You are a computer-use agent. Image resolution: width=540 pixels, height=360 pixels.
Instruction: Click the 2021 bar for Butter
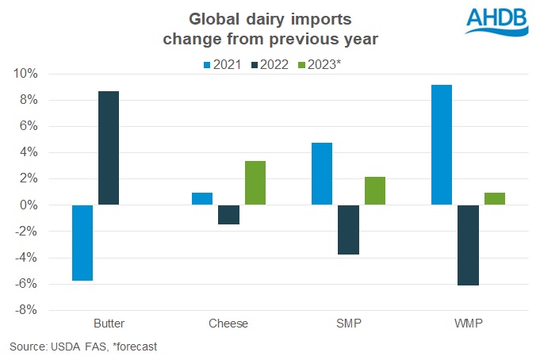(x=82, y=243)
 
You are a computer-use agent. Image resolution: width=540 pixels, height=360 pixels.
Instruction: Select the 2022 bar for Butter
(x=109, y=148)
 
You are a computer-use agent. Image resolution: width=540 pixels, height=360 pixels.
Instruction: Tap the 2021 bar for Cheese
(x=202, y=199)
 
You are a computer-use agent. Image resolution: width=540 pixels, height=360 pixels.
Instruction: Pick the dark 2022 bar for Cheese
(x=228, y=215)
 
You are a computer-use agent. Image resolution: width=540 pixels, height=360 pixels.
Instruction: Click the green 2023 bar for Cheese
(x=255, y=183)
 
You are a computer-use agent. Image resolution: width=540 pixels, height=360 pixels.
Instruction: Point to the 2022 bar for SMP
(x=348, y=230)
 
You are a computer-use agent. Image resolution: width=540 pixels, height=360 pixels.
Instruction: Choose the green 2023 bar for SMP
(x=374, y=191)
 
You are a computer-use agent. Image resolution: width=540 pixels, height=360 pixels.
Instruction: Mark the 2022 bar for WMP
(x=468, y=245)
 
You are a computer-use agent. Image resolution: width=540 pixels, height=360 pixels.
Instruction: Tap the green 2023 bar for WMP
(x=494, y=199)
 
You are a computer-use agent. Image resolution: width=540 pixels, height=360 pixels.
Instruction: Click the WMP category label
(x=468, y=324)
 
